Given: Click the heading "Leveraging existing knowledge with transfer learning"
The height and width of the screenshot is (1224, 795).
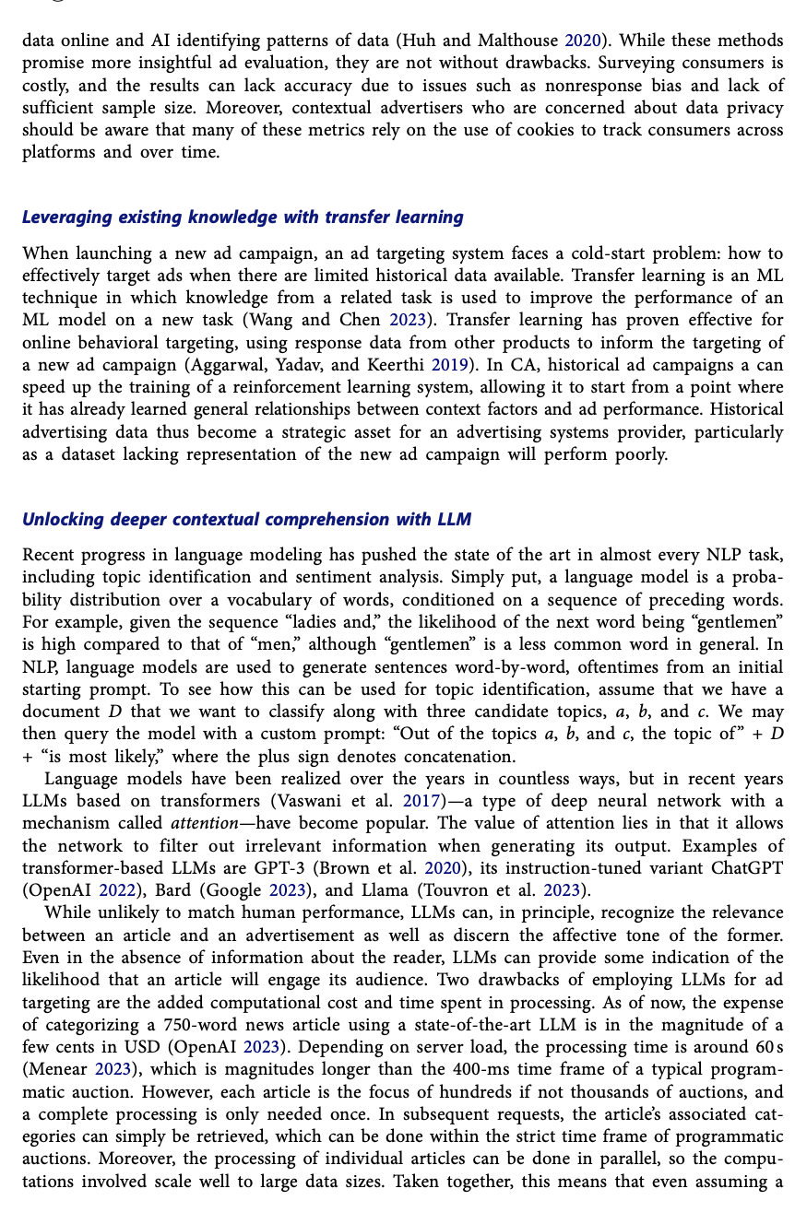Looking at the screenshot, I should [x=243, y=218].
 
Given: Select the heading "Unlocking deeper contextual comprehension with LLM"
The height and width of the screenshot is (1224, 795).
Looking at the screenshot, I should [x=246, y=520].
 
